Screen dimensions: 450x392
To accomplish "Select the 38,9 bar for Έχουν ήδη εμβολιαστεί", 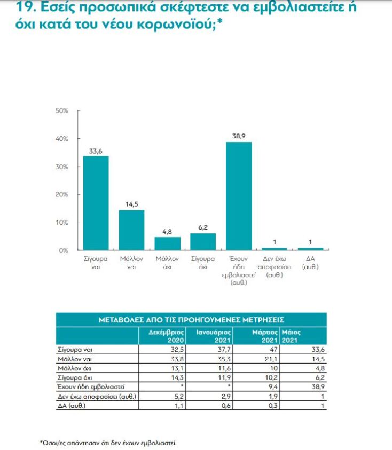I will (239, 196).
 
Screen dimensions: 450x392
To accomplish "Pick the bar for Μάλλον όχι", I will (167, 243).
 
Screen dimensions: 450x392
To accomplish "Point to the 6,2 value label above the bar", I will (203, 227).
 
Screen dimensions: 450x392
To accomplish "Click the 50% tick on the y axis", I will (62, 111).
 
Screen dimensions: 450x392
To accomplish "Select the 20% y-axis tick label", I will (62, 194).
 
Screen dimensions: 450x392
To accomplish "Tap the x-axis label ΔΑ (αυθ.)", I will (310, 263).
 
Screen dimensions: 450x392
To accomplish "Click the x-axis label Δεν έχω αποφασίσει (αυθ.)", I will (274, 267).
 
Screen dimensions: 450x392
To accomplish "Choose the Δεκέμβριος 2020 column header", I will (168, 336).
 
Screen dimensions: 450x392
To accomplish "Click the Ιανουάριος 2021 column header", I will (207, 336).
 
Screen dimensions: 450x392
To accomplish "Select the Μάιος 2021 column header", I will (292, 336).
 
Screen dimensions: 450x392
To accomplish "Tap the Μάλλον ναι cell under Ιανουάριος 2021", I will (207, 359).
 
